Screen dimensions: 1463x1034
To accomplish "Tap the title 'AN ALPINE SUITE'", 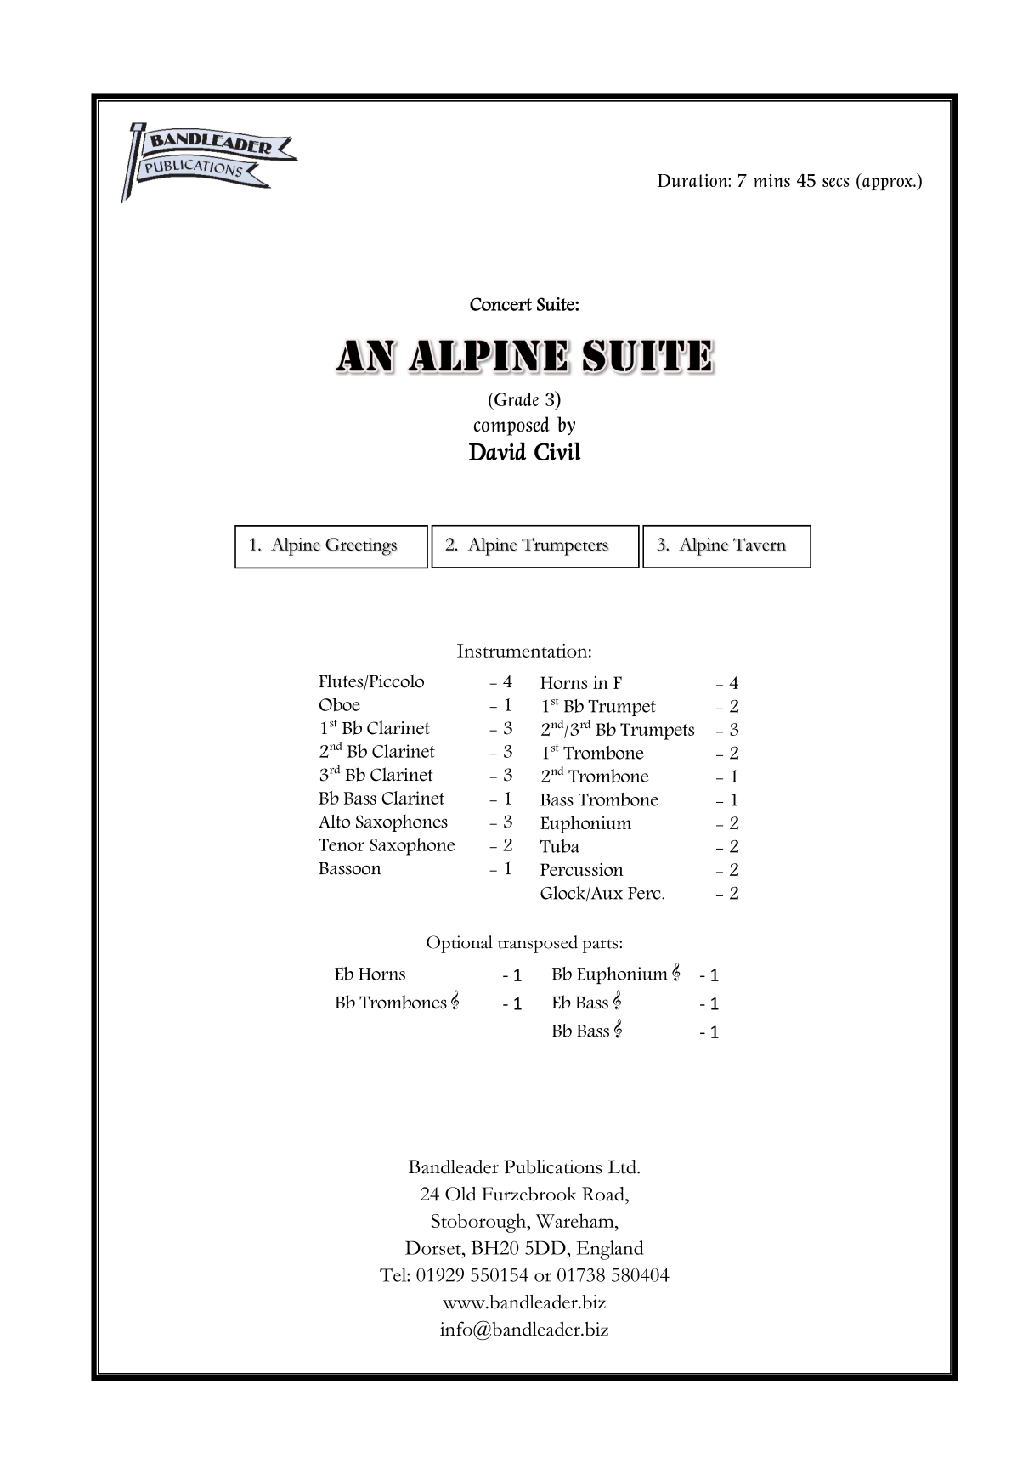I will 524,358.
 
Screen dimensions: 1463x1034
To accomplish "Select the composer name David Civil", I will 524,452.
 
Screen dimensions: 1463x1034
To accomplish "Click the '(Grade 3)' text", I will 524,399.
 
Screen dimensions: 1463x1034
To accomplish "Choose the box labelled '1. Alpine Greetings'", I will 331,546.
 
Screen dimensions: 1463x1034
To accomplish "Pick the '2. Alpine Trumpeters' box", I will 534,546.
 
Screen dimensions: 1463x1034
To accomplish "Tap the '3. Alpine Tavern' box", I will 726,546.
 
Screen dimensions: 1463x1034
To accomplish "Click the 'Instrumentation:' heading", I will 524,652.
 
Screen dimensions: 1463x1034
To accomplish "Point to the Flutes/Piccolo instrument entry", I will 371,682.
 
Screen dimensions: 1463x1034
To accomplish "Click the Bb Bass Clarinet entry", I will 381,799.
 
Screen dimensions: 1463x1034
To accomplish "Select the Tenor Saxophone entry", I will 387,845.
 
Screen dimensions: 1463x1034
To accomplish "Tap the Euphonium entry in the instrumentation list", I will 585,823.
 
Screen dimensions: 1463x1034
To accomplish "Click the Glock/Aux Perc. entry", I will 602,894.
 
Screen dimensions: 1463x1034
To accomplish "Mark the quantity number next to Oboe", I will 507,705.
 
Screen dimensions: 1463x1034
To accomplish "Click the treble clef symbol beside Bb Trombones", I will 455,1002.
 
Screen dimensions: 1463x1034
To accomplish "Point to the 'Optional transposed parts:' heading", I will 524,943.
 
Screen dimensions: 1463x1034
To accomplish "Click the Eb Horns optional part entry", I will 370,974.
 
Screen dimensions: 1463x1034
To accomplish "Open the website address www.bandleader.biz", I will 524,1302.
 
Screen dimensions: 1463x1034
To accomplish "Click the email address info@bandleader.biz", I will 524,1330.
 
